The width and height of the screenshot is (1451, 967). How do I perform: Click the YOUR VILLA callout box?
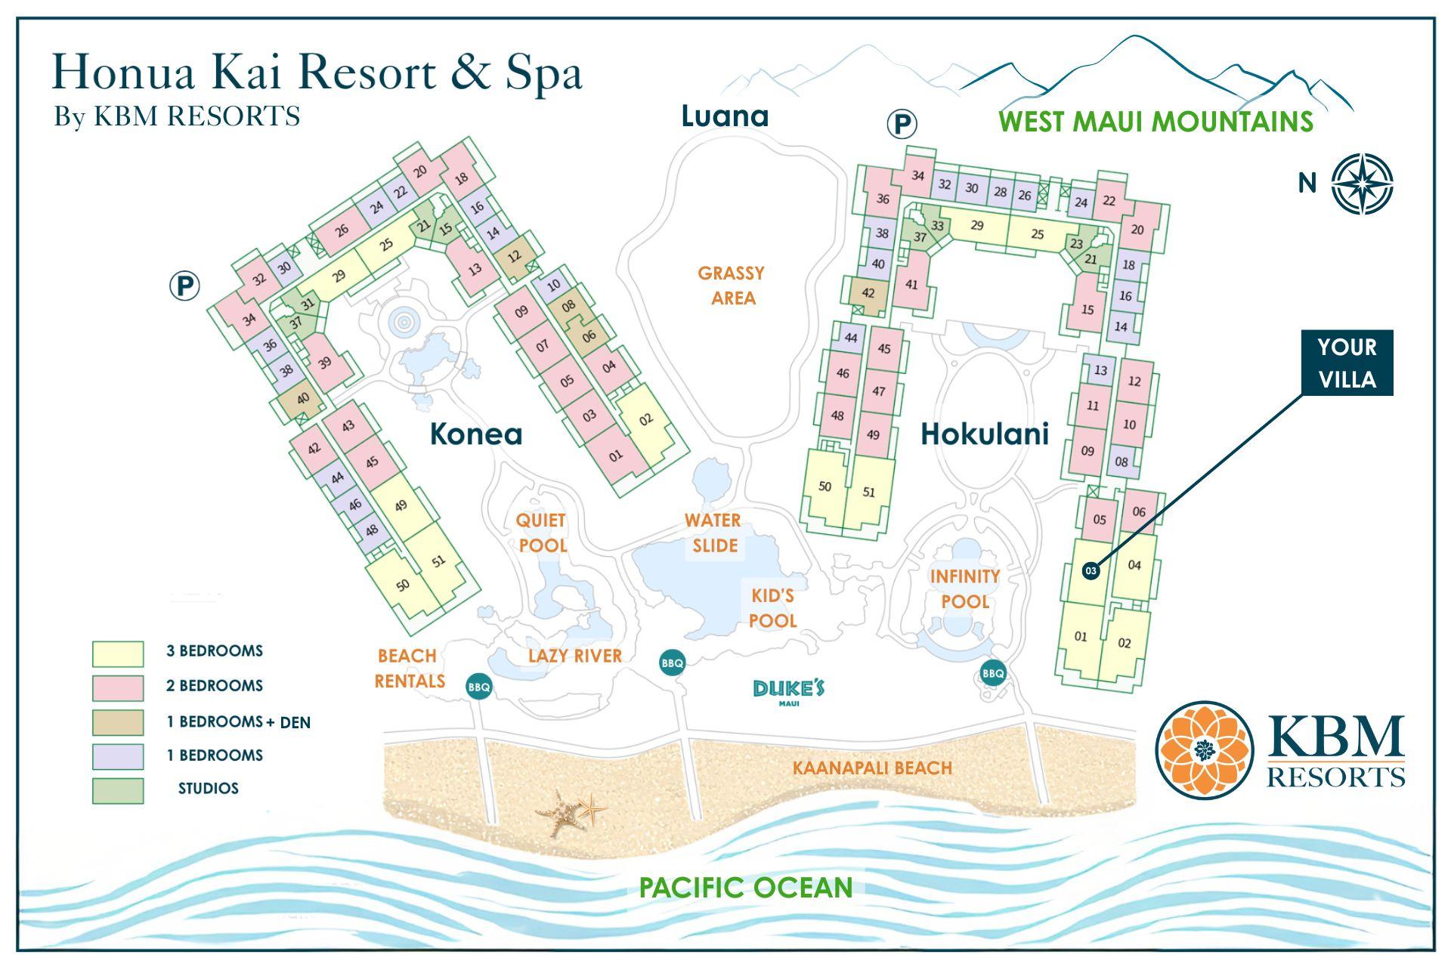point(1347,363)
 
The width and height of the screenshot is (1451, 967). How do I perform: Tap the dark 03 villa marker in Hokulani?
point(1090,571)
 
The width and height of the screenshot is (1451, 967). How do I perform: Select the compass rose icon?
point(1362,184)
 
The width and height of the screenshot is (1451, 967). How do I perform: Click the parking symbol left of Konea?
point(184,286)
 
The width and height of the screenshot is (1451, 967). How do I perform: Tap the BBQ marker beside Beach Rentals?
point(479,687)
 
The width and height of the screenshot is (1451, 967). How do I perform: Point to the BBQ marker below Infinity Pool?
point(993,672)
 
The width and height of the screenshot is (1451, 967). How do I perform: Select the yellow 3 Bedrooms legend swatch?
point(118,653)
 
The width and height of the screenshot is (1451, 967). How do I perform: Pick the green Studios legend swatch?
point(118,790)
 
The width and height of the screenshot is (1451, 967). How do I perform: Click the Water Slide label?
point(713,533)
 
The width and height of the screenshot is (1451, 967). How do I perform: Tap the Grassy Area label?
point(732,285)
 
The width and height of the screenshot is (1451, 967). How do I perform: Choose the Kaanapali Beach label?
point(872,768)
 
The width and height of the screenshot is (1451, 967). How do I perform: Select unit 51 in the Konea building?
point(439,561)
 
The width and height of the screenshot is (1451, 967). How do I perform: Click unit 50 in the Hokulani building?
point(825,487)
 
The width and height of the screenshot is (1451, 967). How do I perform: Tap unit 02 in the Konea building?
point(645,419)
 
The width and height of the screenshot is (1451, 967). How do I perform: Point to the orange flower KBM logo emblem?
point(1203,749)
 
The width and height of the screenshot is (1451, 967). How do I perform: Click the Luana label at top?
point(725,116)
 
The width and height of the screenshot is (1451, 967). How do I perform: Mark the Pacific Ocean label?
point(745,887)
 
